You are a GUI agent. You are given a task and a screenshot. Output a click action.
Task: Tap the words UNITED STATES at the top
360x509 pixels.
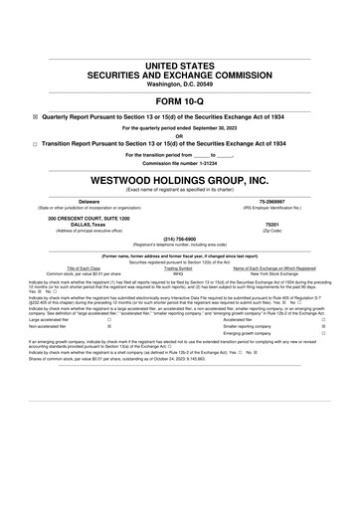(x=179, y=65)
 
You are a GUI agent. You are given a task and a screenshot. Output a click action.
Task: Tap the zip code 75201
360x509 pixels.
(x=271, y=226)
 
